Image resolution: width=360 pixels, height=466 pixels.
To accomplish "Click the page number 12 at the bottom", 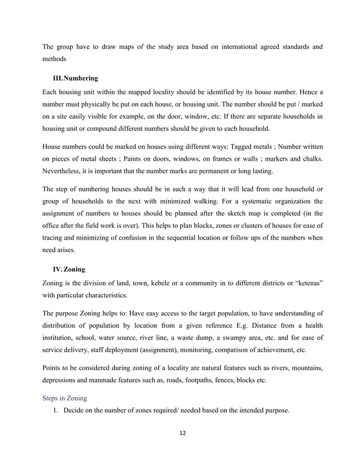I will pyautogui.click(x=182, y=434).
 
